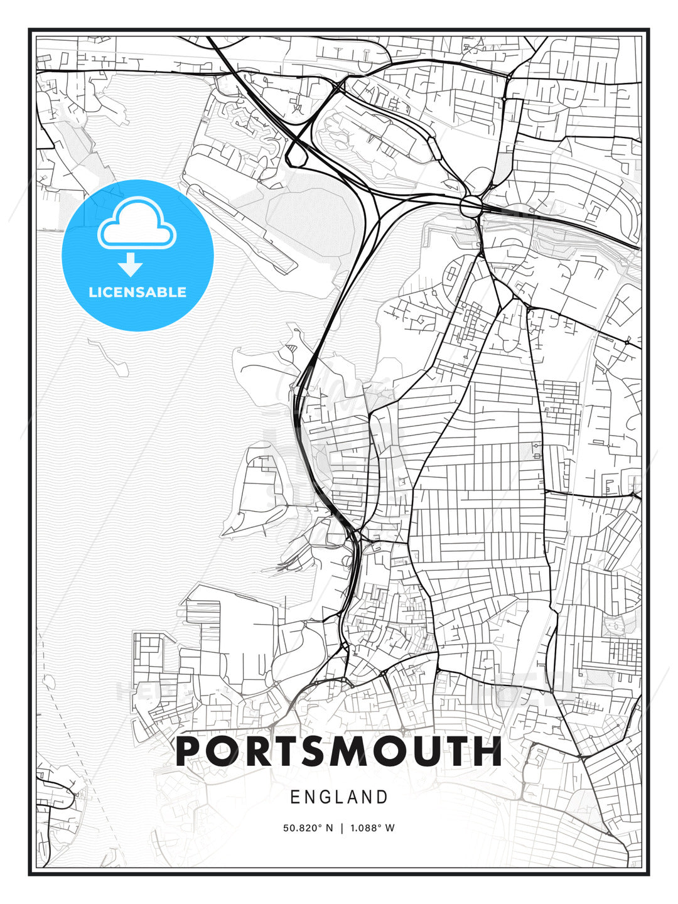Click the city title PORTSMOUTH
click(x=339, y=751)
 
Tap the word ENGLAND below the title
click(x=339, y=797)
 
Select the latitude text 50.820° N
click(x=308, y=827)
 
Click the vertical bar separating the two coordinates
click(x=342, y=827)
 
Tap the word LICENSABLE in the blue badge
click(x=137, y=292)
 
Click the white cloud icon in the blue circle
click(x=137, y=224)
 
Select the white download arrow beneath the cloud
click(x=131, y=265)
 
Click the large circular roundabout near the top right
click(x=471, y=205)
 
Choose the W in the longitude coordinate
click(x=390, y=827)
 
